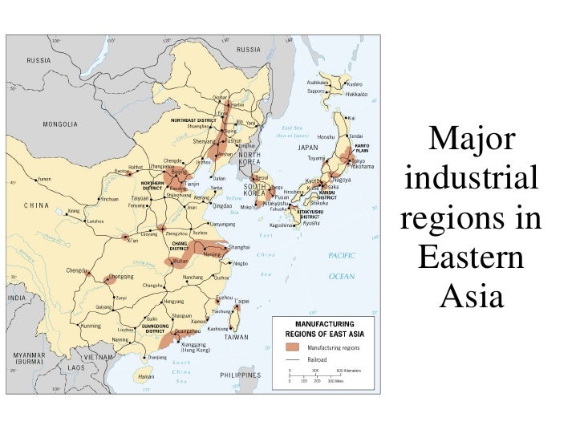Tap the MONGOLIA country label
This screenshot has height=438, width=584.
point(60,124)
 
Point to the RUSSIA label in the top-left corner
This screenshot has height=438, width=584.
point(39,60)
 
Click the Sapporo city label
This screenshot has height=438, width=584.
point(315,91)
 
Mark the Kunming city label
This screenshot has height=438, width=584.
point(92,326)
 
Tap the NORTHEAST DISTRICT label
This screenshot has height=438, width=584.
point(194,120)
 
